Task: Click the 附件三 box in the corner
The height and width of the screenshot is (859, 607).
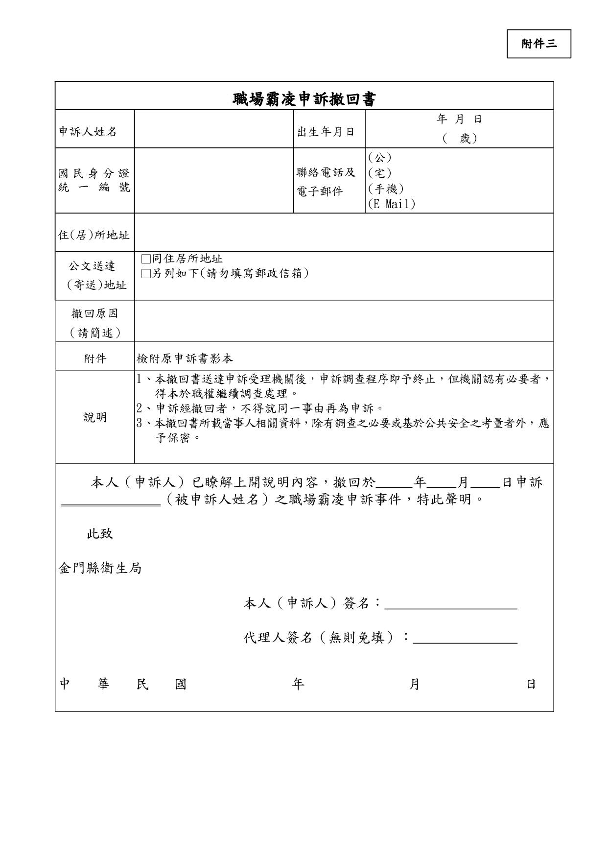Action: click(538, 44)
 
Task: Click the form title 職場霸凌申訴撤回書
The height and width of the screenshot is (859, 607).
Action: click(304, 99)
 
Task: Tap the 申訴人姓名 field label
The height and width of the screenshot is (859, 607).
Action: click(88, 132)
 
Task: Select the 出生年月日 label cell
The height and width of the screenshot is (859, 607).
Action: click(326, 132)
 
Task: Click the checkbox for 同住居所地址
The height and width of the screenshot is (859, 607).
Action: click(145, 259)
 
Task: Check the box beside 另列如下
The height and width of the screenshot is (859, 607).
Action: click(145, 274)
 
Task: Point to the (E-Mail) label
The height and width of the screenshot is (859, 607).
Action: click(391, 204)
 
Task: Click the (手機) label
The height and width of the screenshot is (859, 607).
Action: click(385, 189)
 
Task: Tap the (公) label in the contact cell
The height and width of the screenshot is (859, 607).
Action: click(379, 158)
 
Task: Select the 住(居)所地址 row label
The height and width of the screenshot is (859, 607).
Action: click(94, 235)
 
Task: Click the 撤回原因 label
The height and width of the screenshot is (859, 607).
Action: click(94, 313)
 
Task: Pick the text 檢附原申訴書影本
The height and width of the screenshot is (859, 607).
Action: click(185, 359)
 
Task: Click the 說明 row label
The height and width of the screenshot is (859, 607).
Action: click(94, 418)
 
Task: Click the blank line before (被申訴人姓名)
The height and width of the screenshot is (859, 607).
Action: click(111, 503)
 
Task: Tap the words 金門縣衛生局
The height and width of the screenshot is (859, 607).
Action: click(100, 569)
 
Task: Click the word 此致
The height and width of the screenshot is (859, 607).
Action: click(100, 534)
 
